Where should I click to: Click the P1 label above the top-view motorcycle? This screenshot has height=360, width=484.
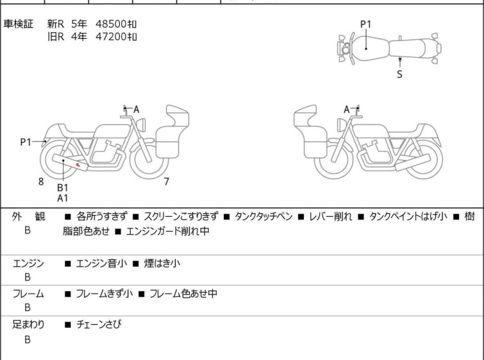[365, 24]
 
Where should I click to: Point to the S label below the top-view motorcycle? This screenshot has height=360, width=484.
[399, 74]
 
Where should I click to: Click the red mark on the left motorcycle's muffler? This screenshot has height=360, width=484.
[79, 166]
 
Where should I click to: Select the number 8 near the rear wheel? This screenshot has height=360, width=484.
[41, 182]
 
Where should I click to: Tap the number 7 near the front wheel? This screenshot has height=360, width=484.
[167, 182]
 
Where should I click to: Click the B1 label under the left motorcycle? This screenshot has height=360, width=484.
[62, 187]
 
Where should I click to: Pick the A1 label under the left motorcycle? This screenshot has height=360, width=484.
[62, 198]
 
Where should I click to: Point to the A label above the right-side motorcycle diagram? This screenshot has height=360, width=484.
[347, 110]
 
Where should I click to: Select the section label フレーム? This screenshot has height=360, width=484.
[29, 294]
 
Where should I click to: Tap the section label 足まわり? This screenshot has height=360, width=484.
[29, 325]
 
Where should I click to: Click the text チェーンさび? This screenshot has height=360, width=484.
[98, 325]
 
